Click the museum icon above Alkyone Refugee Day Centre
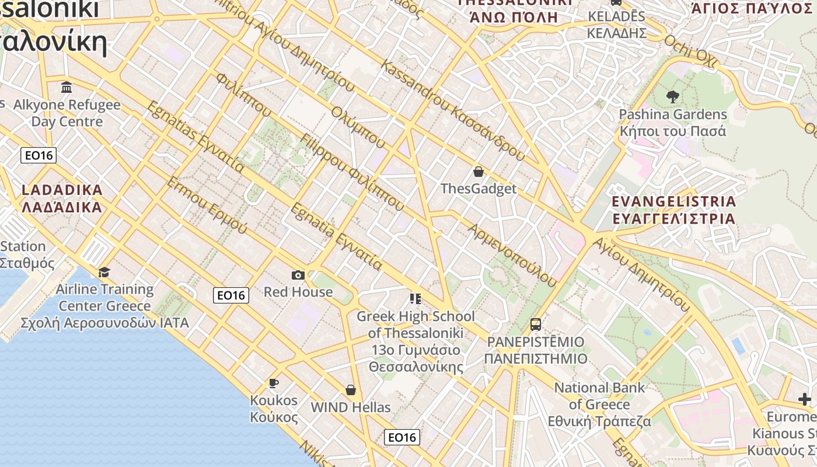click(67, 88)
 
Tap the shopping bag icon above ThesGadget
click(479, 172)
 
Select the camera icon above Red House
click(298, 275)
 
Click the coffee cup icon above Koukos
click(273, 384)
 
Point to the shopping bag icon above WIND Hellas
click(351, 390)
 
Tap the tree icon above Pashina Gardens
click(672, 97)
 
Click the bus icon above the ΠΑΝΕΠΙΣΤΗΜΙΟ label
click(536, 325)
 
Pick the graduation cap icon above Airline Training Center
click(104, 273)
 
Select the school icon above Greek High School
click(416, 299)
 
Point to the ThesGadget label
click(479, 189)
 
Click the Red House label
click(298, 292)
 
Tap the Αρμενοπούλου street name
click(511, 255)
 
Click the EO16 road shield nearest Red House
click(231, 295)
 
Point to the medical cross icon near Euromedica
click(805, 399)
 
